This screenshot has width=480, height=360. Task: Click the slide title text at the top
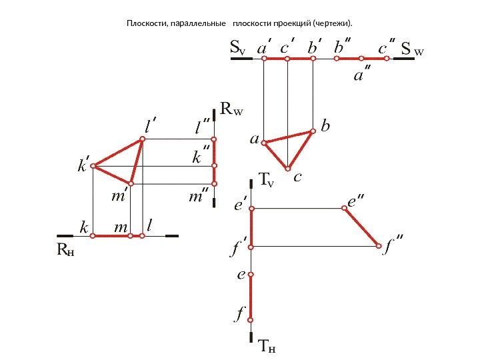239,25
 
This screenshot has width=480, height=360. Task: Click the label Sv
237,48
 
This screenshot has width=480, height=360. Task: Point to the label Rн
65,251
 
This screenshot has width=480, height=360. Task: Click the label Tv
267,180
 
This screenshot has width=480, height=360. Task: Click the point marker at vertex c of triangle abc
288,168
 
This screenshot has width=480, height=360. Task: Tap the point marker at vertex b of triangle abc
312,131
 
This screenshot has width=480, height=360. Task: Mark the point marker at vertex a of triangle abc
264,143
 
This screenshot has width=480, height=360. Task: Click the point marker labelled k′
94,165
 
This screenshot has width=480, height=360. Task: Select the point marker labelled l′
142,139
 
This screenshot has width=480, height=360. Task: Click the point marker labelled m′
131,183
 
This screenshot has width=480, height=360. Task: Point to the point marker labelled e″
344,209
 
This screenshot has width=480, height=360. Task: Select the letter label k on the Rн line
84,228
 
